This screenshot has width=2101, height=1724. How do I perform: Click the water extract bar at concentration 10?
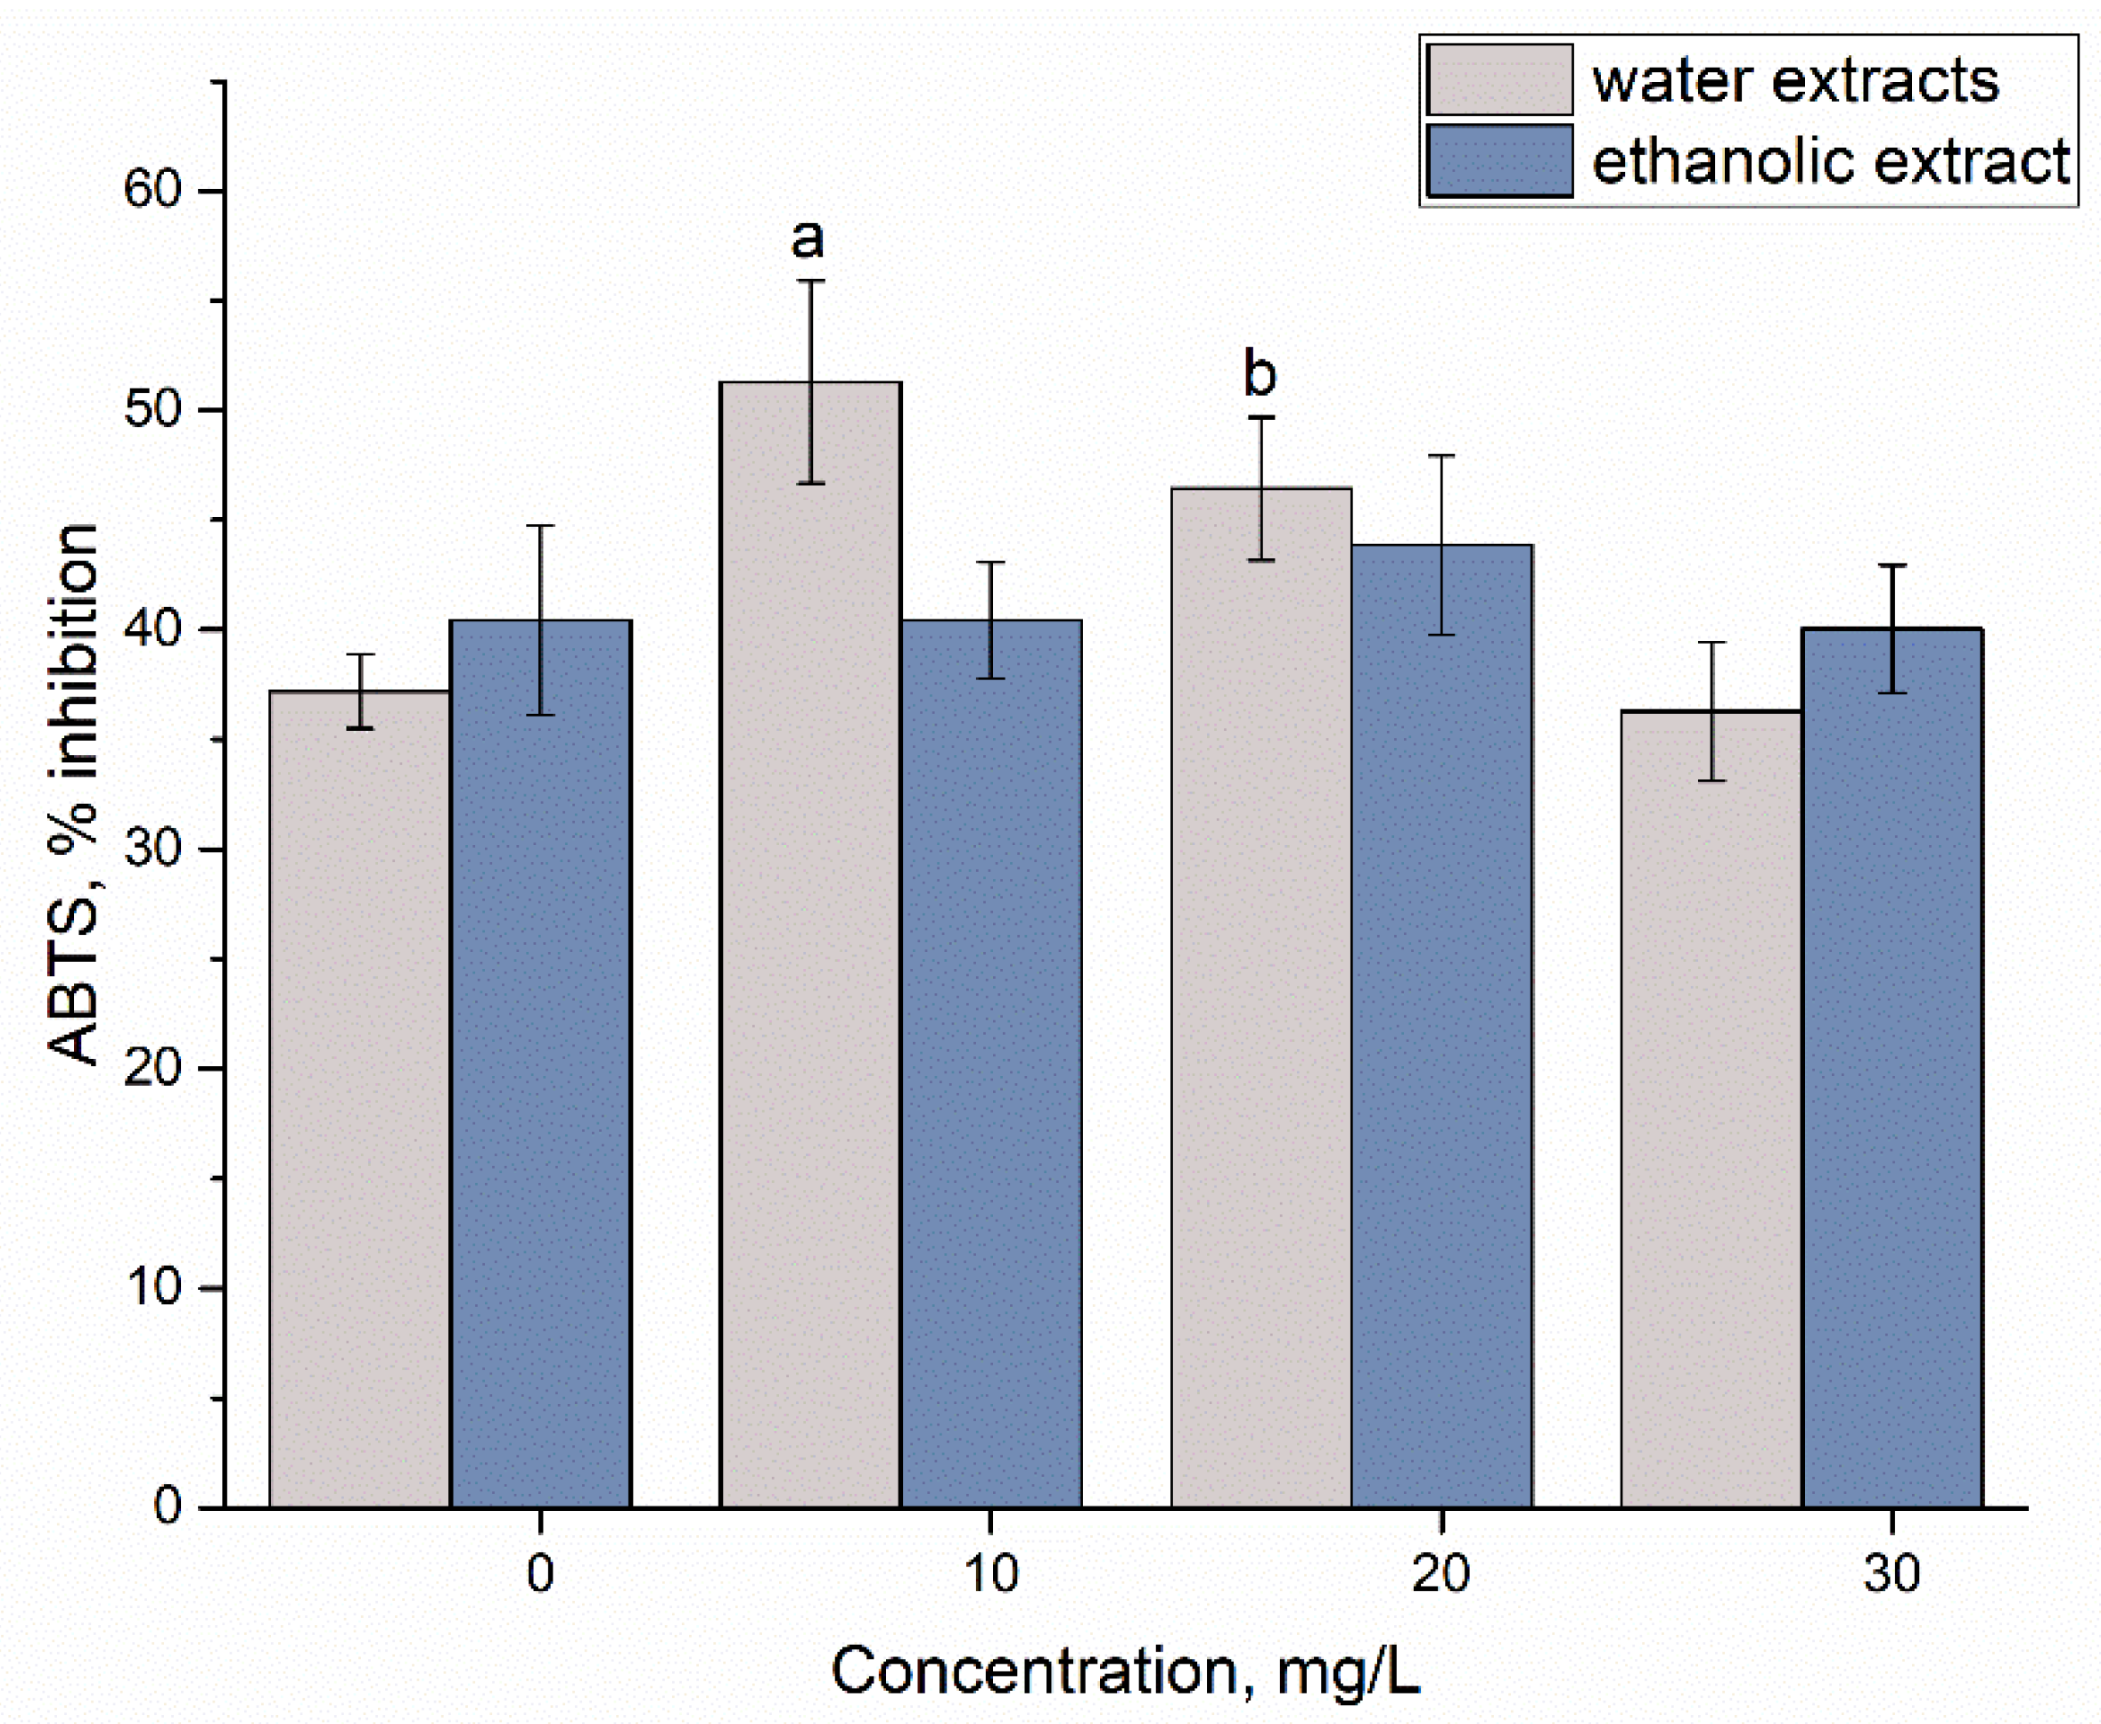(810, 943)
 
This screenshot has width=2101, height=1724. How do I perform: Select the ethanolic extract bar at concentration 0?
(540, 1063)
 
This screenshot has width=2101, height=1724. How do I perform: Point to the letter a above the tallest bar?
(808, 239)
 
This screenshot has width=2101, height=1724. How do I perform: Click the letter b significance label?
(1260, 375)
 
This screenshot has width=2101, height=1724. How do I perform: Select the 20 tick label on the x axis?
(1440, 1574)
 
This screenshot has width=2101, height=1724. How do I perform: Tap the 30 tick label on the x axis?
(1892, 1574)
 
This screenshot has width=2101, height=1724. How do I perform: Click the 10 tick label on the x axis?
(990, 1574)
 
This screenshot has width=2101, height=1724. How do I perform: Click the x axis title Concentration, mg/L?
(1125, 1671)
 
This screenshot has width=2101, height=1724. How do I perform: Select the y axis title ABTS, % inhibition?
(75, 794)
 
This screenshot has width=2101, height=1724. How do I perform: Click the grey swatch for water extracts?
(1499, 79)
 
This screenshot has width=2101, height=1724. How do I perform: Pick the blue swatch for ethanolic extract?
(1499, 160)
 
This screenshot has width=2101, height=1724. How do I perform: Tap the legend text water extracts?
(1795, 80)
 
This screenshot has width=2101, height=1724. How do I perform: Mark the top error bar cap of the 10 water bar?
(811, 281)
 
